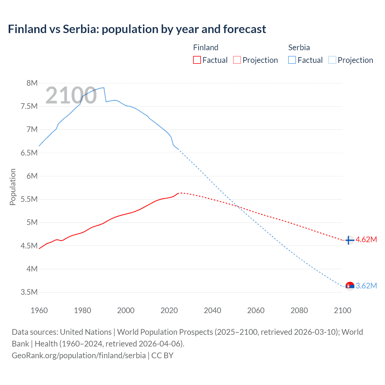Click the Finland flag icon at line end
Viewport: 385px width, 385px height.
(350, 240)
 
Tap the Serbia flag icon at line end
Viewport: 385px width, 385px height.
(350, 286)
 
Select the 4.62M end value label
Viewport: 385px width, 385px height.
(366, 239)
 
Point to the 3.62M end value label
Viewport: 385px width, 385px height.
(366, 286)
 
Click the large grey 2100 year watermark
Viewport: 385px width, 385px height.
(71, 95)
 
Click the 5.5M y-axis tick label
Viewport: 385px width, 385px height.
(29, 199)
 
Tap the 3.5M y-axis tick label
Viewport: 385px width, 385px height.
(29, 292)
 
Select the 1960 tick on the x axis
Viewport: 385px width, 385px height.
(39, 310)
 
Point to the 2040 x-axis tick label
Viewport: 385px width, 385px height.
(212, 310)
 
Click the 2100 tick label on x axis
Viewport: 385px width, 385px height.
(342, 310)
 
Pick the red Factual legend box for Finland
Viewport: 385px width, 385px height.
(197, 60)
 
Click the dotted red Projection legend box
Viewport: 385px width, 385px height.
(237, 60)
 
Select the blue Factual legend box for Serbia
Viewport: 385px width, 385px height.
(292, 60)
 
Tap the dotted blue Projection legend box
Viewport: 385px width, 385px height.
(332, 60)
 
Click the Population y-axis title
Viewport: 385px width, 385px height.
(13, 187)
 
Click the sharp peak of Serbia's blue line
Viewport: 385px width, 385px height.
(104, 88)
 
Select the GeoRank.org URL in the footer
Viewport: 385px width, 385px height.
(79, 355)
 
